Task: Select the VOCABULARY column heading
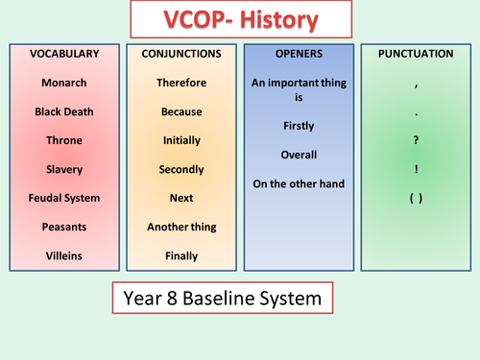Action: coord(64,54)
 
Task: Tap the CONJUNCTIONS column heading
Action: coord(181,54)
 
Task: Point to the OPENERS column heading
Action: coord(299,54)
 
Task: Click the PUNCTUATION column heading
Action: coord(415,54)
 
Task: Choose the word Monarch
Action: coord(64,83)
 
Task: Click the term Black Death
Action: coord(64,111)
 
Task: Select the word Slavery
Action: coord(64,169)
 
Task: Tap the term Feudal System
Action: coord(64,198)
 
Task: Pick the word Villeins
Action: coord(64,255)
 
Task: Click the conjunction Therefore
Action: coord(181,83)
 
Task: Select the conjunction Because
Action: coord(181,111)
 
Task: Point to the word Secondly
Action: coord(181,169)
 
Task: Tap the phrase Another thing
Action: coord(181,227)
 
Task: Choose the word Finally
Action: coord(181,255)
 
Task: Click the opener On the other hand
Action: coord(299,183)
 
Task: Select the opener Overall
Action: coord(299,155)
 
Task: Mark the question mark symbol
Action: coord(415,140)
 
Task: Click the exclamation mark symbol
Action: coord(415,169)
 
